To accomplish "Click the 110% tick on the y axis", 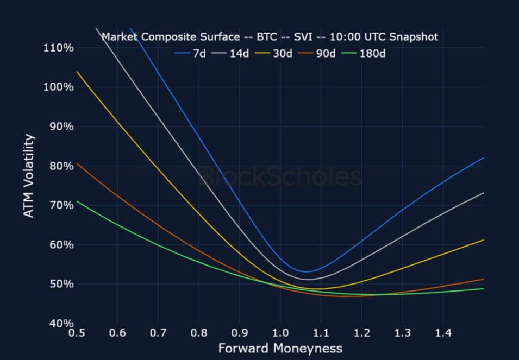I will pyautogui.click(x=58, y=48).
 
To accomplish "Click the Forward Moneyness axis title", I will pyautogui.click(x=280, y=348).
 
